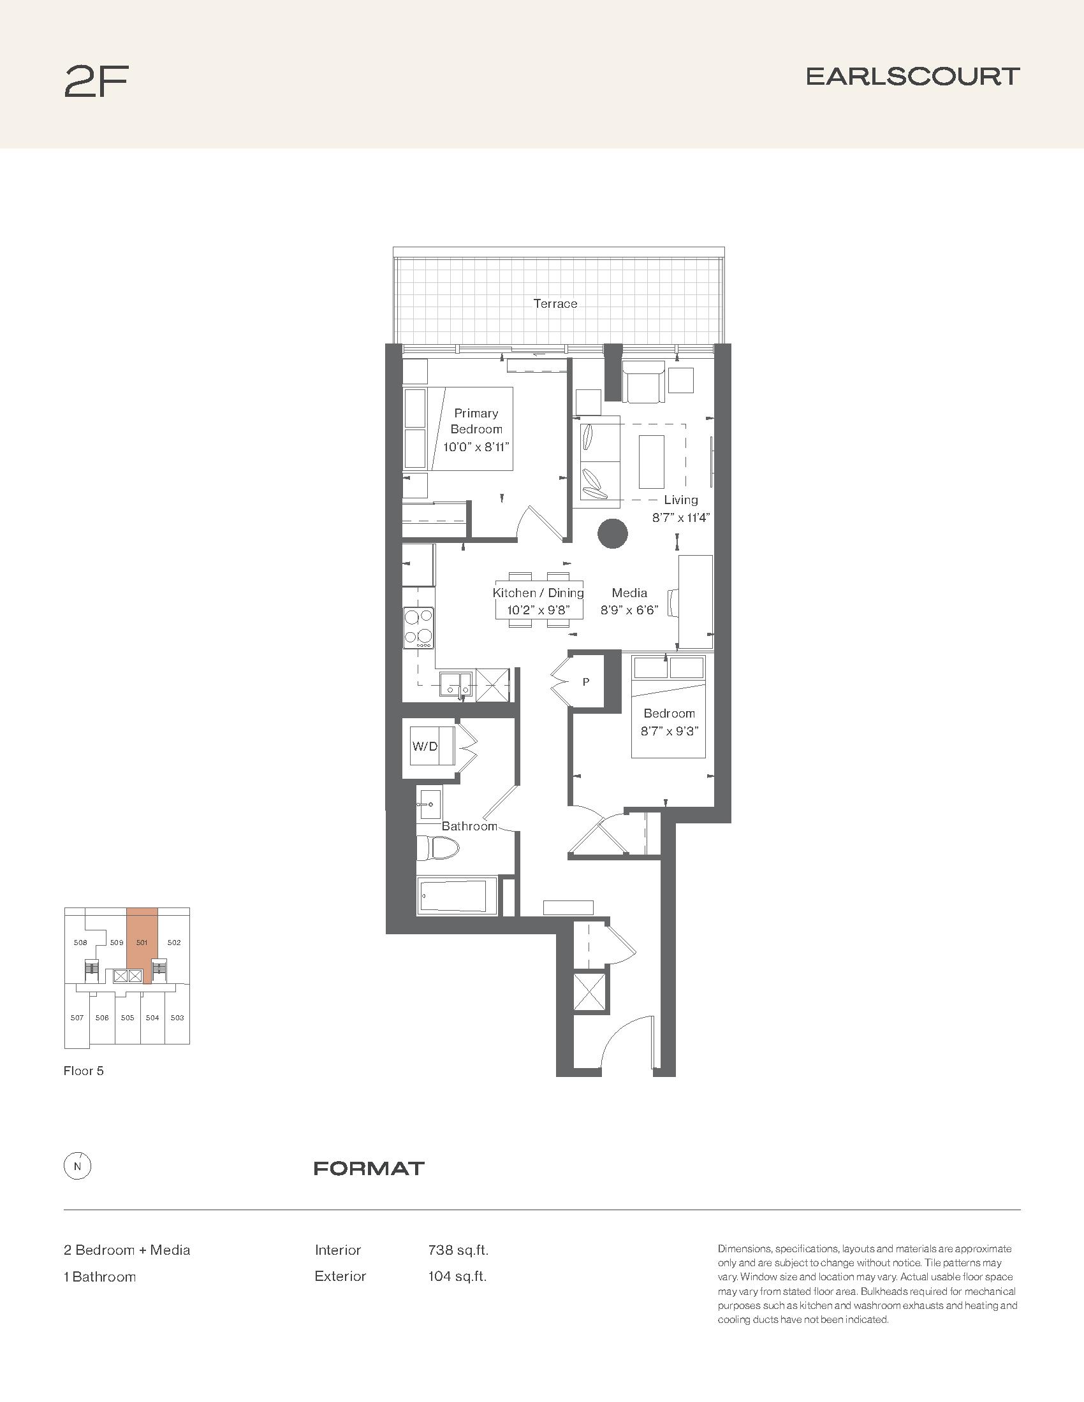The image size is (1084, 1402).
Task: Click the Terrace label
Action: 555,303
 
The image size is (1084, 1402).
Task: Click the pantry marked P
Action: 585,682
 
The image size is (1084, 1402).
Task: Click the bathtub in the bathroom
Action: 457,895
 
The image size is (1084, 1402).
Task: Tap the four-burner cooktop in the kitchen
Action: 418,627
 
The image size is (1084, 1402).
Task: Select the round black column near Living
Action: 613,533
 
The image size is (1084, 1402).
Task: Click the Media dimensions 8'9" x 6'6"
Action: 629,610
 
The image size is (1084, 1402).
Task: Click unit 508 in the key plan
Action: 80,943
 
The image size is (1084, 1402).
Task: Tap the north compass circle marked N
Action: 78,1166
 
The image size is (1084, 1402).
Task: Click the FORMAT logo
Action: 369,1168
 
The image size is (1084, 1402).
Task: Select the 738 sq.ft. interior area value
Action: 458,1250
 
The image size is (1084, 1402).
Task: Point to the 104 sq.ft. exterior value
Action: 457,1276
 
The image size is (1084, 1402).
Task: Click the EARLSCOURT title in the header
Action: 912,76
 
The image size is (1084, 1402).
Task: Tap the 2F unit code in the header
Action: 96,82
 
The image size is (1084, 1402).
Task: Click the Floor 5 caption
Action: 84,1071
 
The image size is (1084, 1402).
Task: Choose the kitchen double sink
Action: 455,684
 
